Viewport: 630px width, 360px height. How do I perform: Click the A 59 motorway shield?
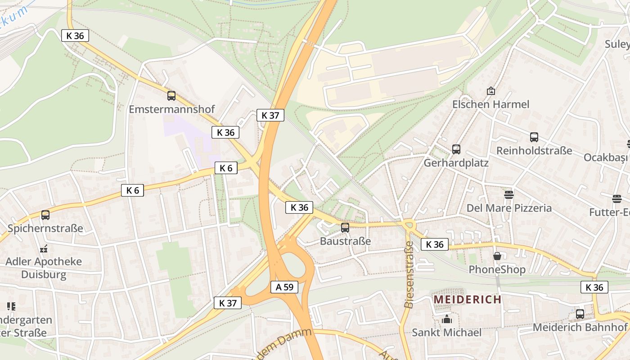point(284,287)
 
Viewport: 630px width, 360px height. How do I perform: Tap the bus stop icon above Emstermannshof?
point(171,95)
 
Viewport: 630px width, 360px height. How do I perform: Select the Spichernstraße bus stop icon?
point(45,215)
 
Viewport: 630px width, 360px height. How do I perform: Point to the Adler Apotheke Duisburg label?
point(44,268)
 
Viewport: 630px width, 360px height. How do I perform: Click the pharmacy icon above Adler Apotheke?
point(44,248)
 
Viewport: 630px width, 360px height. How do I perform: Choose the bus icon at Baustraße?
point(345,228)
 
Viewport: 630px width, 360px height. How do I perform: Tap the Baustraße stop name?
point(345,241)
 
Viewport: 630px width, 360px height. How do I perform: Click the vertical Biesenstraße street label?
point(409,274)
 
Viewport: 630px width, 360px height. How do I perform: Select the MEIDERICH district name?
point(467,299)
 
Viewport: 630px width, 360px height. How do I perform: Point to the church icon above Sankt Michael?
point(447,319)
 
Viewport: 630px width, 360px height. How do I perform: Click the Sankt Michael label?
point(447,333)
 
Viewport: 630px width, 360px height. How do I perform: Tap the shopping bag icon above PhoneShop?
point(497,256)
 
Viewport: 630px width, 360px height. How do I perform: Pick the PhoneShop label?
point(497,270)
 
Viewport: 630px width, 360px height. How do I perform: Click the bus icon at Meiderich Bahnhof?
point(580,314)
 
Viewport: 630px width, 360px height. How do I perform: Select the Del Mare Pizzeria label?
point(509,208)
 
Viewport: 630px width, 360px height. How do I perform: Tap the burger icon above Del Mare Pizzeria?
point(509,195)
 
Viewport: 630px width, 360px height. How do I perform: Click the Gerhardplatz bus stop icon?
point(456,149)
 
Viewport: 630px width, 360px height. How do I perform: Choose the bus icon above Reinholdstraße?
point(534,137)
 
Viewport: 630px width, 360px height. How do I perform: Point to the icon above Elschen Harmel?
point(490,91)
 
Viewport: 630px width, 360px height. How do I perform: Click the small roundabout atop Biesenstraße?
point(409,224)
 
